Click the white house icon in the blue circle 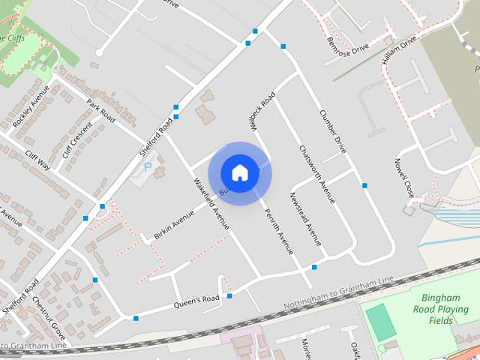point(239,172)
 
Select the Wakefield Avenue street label point(211,203)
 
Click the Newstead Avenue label point(304,219)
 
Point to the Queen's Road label point(196,301)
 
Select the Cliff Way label point(37,160)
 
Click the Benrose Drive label point(348,46)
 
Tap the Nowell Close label point(404,178)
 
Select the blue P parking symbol point(147,166)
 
